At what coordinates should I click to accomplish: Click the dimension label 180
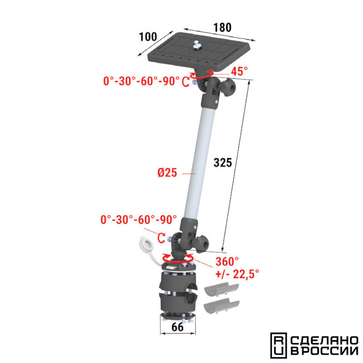pyautogui.click(x=222, y=27)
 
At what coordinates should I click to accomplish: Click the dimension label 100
pyautogui.click(x=148, y=37)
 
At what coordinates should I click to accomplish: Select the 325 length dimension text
pyautogui.click(x=222, y=162)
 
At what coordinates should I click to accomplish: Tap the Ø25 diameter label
pyautogui.click(x=167, y=173)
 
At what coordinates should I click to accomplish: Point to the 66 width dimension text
pyautogui.click(x=177, y=327)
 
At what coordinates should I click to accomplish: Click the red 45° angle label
pyautogui.click(x=239, y=71)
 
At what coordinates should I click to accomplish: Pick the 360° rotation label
pyautogui.click(x=227, y=261)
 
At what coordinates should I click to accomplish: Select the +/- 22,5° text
pyautogui.click(x=237, y=274)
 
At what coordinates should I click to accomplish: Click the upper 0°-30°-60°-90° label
pyautogui.click(x=141, y=81)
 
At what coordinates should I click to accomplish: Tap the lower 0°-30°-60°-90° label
pyautogui.click(x=138, y=219)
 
